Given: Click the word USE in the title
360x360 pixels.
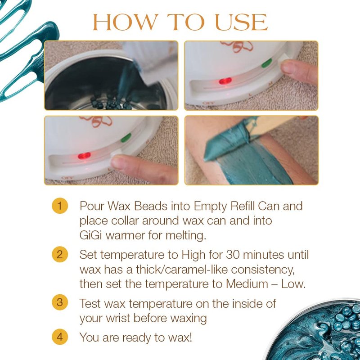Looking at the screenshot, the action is click(241, 22).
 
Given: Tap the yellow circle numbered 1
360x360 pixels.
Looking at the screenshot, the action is click(60, 206).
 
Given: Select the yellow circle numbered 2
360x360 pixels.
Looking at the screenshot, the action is click(60, 254).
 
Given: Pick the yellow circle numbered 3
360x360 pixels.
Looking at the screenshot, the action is click(60, 302).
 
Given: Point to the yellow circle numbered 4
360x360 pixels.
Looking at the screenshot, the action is click(60, 337).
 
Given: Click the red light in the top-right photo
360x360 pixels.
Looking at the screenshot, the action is click(225, 81).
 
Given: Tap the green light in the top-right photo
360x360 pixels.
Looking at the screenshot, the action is click(266, 63).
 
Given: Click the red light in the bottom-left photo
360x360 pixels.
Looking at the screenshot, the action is click(84, 156).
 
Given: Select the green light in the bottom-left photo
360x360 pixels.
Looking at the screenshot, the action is click(126, 138).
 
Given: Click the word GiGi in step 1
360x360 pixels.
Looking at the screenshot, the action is click(90, 235).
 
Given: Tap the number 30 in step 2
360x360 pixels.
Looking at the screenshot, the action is click(233, 255).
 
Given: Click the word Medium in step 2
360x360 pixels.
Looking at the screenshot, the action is click(247, 284).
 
